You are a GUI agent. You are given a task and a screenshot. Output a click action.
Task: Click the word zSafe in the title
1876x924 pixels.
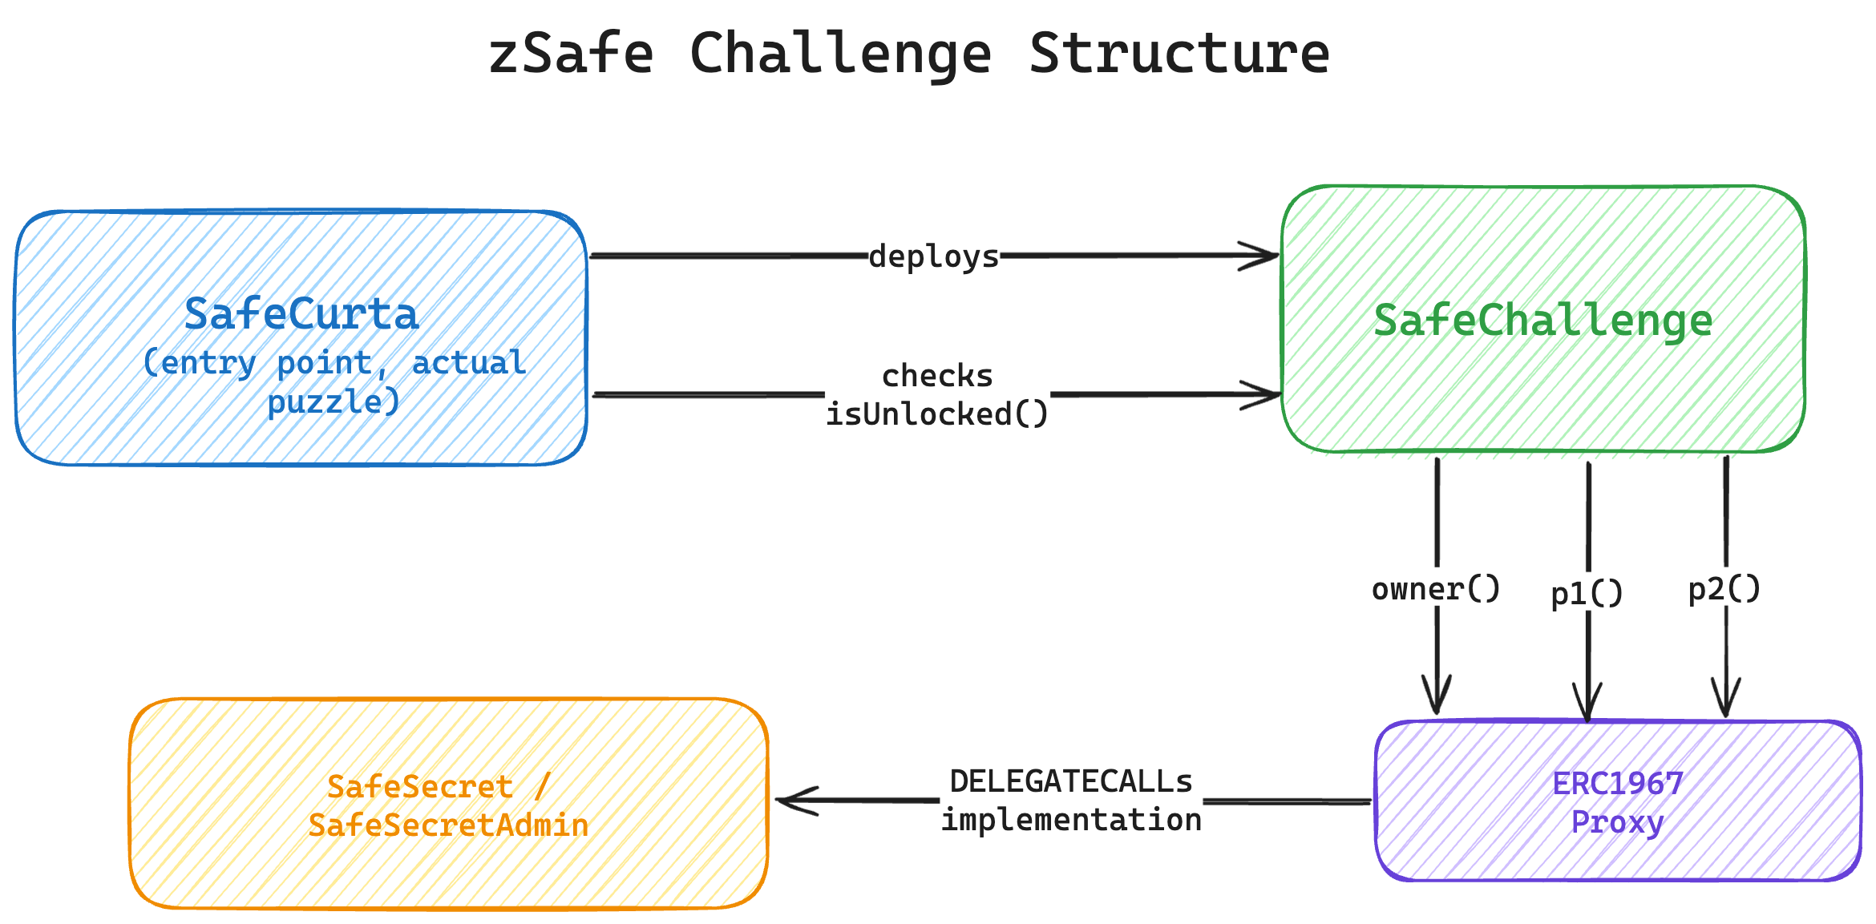click(571, 54)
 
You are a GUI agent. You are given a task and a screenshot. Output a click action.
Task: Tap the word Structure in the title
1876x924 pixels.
click(1179, 54)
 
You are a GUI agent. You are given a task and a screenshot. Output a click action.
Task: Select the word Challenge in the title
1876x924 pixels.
click(840, 54)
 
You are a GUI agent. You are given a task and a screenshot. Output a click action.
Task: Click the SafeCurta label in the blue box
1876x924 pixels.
click(301, 314)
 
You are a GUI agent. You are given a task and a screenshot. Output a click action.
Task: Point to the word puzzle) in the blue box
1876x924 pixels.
click(334, 401)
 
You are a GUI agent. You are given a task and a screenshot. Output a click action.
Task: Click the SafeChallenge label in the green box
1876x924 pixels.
click(1543, 321)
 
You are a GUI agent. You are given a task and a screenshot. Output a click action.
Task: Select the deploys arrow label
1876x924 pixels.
click(934, 256)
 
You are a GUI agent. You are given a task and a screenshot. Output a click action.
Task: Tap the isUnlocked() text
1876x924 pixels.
click(937, 414)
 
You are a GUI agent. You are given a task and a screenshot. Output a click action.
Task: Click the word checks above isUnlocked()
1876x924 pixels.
click(937, 376)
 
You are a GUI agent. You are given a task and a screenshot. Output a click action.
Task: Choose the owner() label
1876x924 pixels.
click(1436, 589)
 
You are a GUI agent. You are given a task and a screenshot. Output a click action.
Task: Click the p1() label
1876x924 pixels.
click(1587, 594)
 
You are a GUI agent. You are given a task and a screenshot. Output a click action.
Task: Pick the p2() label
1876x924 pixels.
click(1724, 589)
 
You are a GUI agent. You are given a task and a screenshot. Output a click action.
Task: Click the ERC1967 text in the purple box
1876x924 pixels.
click(1618, 784)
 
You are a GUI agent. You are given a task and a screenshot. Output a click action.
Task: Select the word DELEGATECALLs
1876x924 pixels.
click(1071, 781)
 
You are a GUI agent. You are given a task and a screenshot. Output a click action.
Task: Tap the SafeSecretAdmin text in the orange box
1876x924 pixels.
click(448, 825)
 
